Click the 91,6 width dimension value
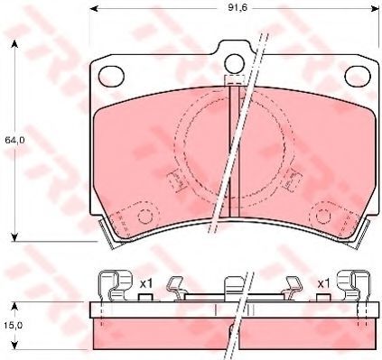point(233,8)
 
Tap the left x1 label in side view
point(146,283)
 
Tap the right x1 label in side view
point(324,283)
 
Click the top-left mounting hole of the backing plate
point(111,75)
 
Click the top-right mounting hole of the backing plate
point(358,75)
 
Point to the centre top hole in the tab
point(234,63)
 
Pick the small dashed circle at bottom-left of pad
point(145,216)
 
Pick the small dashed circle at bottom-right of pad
point(324,216)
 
